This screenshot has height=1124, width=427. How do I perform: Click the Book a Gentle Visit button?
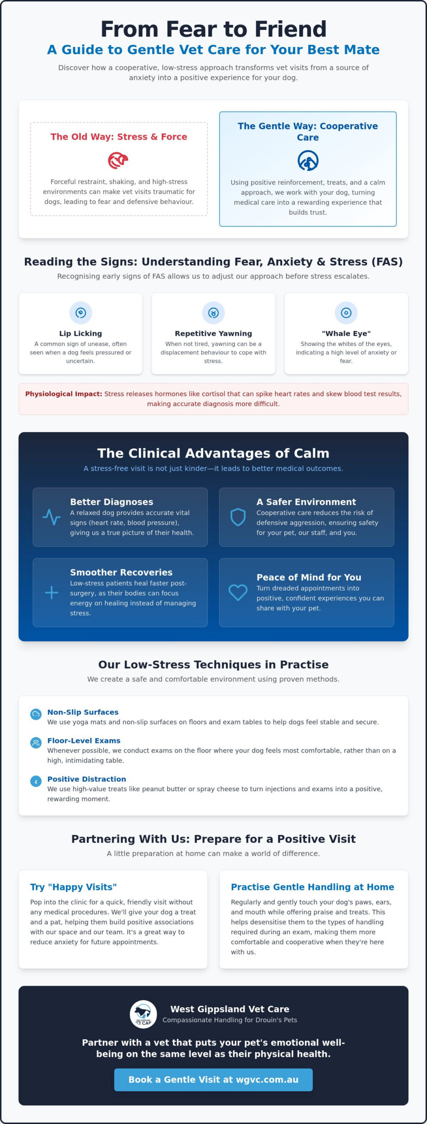[213, 1080]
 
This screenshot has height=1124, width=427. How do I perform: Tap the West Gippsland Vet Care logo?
[144, 1014]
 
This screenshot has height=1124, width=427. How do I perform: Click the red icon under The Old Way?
[118, 160]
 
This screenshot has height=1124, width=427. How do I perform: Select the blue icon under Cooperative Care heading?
[308, 161]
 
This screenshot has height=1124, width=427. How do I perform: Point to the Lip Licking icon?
[81, 313]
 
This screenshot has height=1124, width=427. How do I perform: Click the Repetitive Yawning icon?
[213, 313]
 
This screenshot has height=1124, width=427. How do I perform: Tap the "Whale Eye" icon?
[346, 313]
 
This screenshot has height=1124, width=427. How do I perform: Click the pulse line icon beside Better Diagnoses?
[51, 517]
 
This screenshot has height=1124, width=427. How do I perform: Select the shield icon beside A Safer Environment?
[238, 517]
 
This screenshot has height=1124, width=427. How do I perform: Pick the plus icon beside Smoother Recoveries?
[51, 593]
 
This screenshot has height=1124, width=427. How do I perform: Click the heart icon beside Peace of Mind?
[238, 593]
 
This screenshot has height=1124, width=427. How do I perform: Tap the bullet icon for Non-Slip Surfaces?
[36, 714]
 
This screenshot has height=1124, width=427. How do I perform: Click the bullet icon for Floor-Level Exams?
[36, 743]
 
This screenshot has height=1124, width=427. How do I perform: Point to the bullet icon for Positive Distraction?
[36, 782]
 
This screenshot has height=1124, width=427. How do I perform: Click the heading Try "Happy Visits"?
[73, 887]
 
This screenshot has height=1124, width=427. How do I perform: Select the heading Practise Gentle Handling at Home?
[312, 887]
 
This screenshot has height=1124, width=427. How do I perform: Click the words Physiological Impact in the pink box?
[64, 394]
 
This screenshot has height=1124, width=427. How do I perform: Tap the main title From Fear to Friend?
[213, 29]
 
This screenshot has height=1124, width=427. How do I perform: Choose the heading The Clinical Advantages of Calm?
[213, 453]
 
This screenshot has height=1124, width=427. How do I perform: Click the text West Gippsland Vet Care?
[230, 1009]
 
